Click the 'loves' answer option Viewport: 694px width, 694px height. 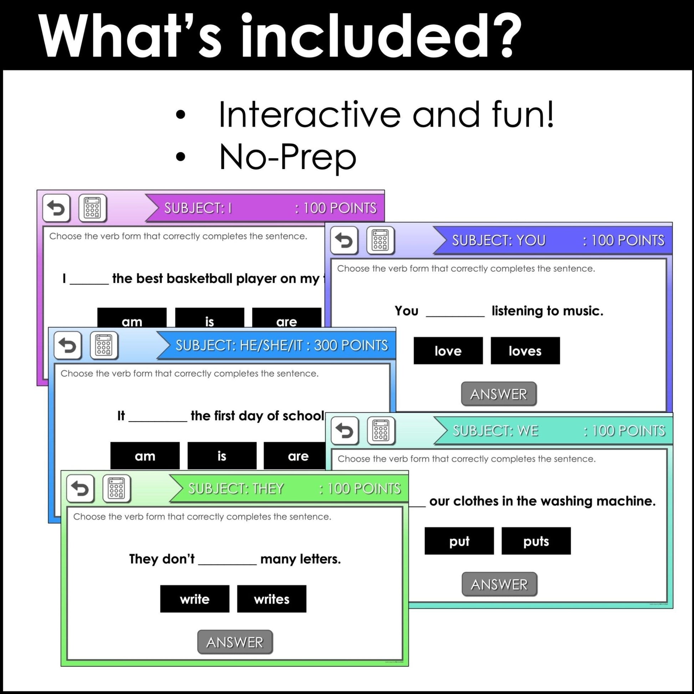tap(525, 351)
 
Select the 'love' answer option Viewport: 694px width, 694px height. tap(448, 351)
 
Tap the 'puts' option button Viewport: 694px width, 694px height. tap(536, 541)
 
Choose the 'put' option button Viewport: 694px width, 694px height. tap(459, 541)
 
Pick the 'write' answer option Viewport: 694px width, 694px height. tap(194, 599)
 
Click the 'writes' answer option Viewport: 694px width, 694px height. tap(271, 599)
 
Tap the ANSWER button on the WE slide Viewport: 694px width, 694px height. tap(499, 585)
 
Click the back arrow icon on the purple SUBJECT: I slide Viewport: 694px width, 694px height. tap(56, 208)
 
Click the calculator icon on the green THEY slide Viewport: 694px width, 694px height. tap(116, 489)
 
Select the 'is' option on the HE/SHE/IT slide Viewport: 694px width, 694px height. tap(221, 455)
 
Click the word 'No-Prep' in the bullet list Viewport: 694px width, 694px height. tap(287, 157)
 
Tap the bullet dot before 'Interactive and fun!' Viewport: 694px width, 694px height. tap(181, 115)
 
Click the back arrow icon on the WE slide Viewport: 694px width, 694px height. tap(345, 430)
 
